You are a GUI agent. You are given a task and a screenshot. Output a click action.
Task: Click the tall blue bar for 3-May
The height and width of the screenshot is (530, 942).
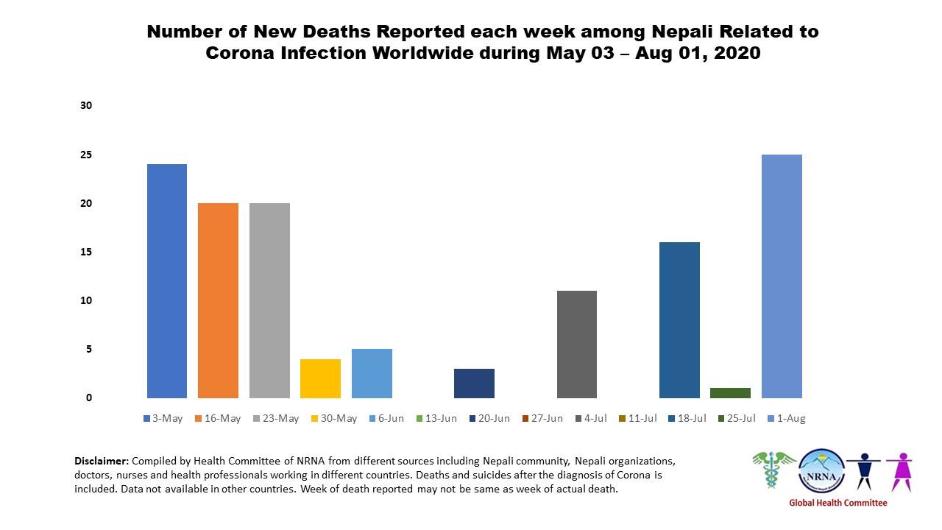[167, 280]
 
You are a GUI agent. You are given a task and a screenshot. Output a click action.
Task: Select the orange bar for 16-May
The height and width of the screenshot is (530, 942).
[218, 300]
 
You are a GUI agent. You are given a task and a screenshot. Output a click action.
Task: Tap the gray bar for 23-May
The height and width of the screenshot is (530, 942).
[269, 300]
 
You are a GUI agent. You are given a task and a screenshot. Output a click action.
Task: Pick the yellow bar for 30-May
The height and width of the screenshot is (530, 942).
[320, 378]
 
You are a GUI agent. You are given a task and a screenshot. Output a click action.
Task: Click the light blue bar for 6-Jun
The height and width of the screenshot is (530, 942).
[372, 373]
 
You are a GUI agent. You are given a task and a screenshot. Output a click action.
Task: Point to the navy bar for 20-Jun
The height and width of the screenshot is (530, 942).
[474, 383]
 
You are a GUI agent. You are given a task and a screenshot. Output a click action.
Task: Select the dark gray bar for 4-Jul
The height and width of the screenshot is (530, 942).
[577, 344]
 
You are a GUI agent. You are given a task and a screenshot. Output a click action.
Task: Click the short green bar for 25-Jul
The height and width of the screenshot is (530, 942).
[730, 392]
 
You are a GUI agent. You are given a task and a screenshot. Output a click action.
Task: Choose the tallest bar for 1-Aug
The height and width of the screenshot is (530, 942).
[782, 276]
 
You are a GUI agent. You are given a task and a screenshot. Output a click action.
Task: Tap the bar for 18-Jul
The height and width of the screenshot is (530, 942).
[679, 319]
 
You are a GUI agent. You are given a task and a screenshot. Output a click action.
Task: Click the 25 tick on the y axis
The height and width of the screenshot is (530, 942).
[86, 155]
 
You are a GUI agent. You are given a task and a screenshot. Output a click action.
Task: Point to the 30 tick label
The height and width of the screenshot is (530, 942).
[86, 106]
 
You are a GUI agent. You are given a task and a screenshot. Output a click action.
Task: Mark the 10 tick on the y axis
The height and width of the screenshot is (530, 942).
[86, 300]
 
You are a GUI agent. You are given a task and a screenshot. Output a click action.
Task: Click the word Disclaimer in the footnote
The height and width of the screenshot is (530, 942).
[102, 461]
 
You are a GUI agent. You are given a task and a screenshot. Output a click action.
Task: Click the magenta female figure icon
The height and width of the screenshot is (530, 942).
[899, 470]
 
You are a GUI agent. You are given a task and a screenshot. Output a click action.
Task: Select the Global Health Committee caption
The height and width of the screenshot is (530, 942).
[837, 504]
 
